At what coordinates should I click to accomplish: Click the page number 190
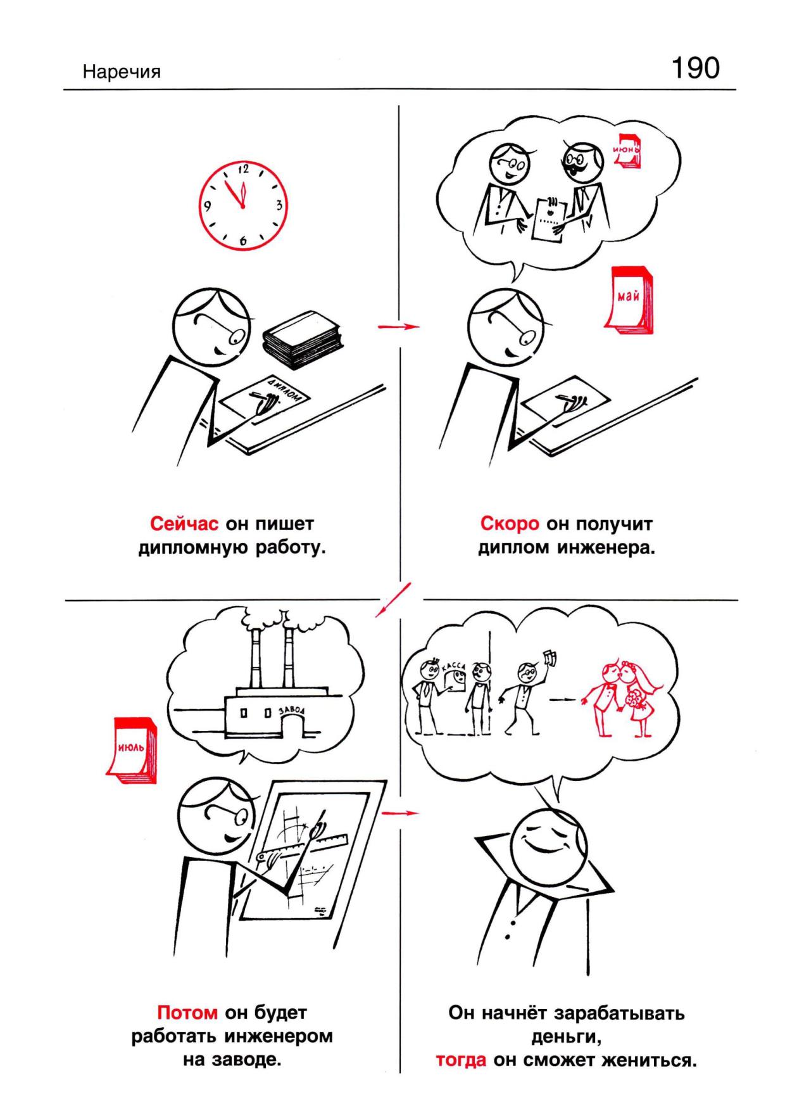(695, 68)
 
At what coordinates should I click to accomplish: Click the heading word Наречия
(122, 72)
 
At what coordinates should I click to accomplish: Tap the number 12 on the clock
(243, 170)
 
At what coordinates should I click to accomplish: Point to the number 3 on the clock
(278, 205)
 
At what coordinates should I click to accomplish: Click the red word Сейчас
(184, 524)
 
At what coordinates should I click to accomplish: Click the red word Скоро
(510, 524)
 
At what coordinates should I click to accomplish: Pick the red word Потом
(187, 1013)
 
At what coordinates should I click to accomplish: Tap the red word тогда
(461, 1060)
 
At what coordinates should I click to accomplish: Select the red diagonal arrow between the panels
(392, 599)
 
